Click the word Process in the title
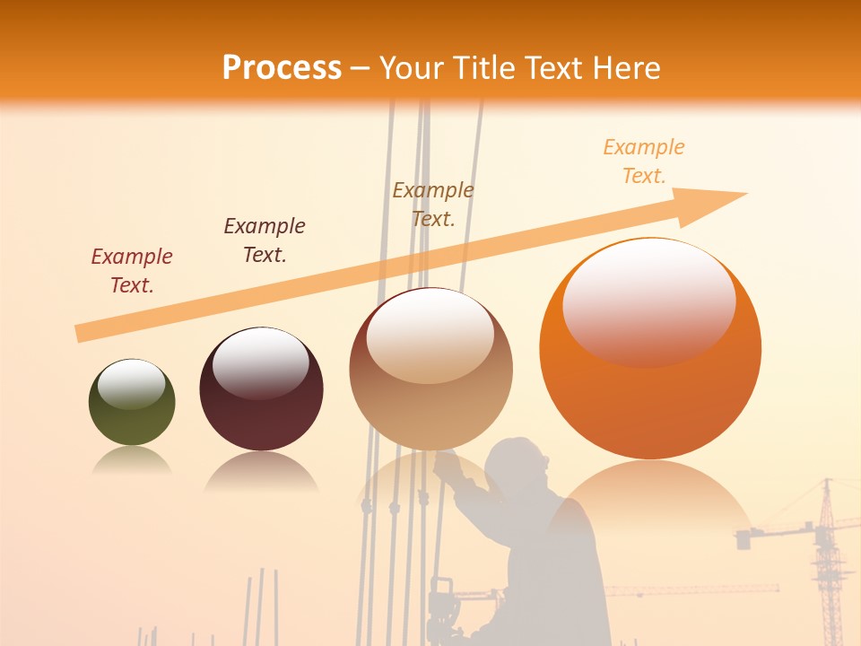pyautogui.click(x=282, y=68)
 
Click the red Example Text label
pyautogui.click(x=132, y=271)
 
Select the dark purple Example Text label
pyautogui.click(x=265, y=240)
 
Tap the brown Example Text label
pyautogui.click(x=433, y=204)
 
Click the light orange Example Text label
pyautogui.click(x=644, y=161)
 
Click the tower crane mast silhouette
pyautogui.click(x=827, y=565)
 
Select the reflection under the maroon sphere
pyautogui.click(x=261, y=470)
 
